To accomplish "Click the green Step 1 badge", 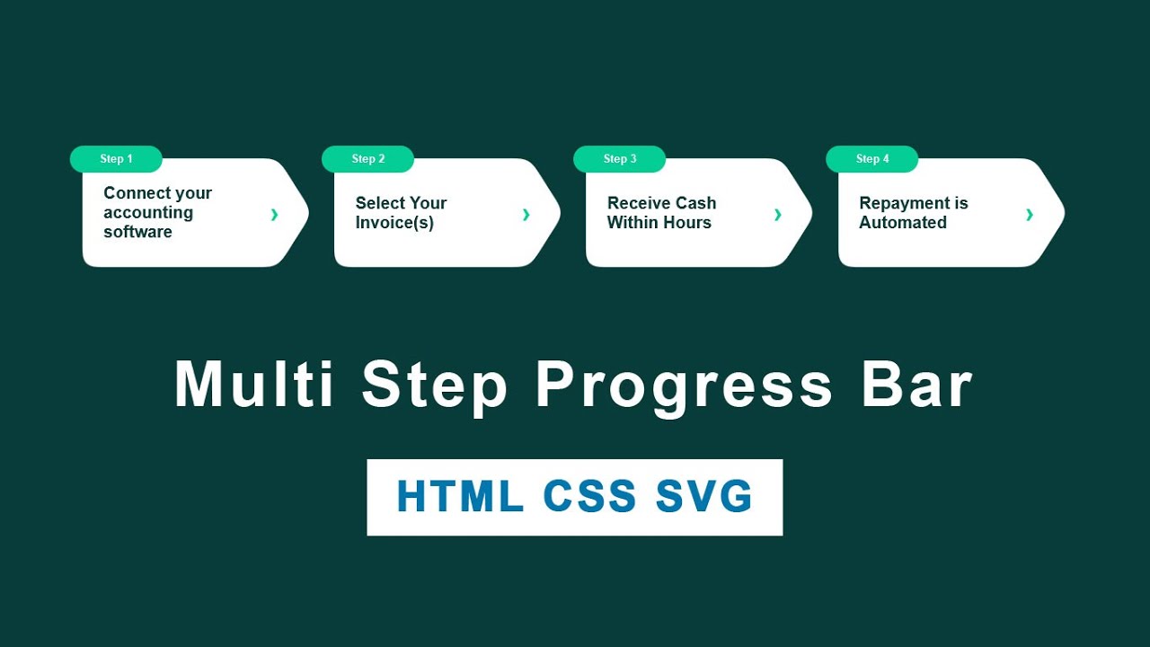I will pos(116,159).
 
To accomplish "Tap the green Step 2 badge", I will pos(367,159).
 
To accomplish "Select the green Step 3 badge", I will pos(619,159).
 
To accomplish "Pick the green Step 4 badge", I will pos(871,159).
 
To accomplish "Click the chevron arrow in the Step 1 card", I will pos(274,214).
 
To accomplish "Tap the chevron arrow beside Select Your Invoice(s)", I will pos(526,214).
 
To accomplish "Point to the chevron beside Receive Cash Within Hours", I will pos(777,214).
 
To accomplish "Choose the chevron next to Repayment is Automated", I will pos(1029,214).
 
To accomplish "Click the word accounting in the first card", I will pos(148,212).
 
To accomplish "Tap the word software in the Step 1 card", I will pos(137,232).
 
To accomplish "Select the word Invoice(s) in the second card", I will pos(394,223).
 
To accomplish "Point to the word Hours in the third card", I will pos(686,223).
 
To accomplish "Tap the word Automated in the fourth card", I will pos(903,223).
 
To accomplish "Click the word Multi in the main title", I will pos(254,385).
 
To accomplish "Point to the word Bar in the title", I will pos(917,385).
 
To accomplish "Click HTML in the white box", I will pos(460,497).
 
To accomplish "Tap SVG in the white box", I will pos(703,497).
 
